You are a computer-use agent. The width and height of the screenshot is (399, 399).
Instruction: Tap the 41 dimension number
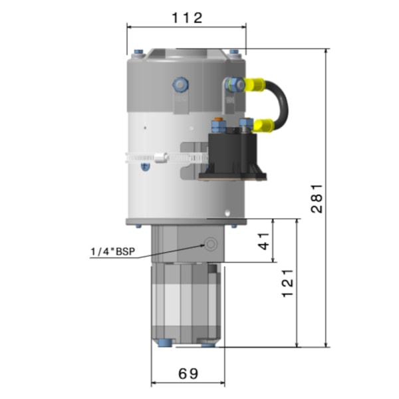click(x=265, y=240)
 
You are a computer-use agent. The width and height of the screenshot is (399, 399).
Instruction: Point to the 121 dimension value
click(x=288, y=283)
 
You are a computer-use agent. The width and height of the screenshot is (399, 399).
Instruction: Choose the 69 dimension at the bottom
click(x=188, y=373)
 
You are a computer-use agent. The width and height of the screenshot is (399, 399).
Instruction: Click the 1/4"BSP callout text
click(x=111, y=252)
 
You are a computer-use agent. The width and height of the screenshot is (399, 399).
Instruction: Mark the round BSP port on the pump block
click(x=212, y=244)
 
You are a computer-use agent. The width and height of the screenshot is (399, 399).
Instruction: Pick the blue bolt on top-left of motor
click(x=138, y=53)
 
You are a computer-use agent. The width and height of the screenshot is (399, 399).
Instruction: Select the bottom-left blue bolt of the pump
click(x=163, y=343)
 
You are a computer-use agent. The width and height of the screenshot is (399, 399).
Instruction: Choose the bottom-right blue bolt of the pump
click(x=208, y=343)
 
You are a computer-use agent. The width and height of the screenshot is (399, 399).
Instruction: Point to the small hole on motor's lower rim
click(x=227, y=213)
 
